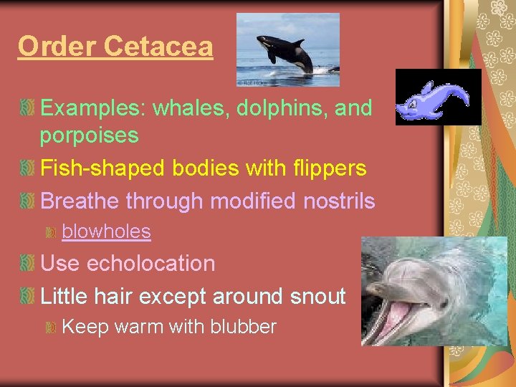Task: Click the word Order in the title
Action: click(x=58, y=47)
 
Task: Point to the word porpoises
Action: click(x=90, y=135)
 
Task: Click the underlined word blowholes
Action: click(x=107, y=231)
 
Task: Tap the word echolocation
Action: click(x=150, y=263)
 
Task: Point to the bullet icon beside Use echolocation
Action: click(x=27, y=264)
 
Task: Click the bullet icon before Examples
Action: click(x=27, y=109)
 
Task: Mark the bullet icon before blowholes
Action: click(x=51, y=232)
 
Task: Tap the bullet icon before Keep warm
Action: click(x=51, y=328)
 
